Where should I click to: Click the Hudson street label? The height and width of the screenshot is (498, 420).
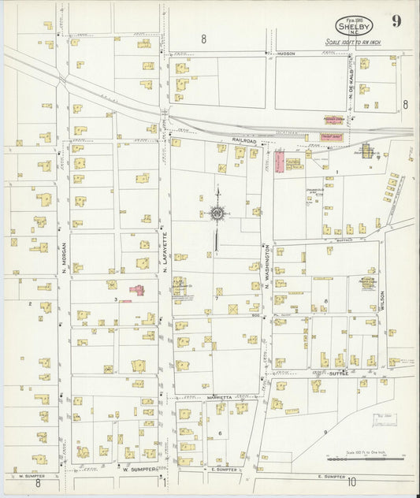pyautogui.click(x=284, y=54)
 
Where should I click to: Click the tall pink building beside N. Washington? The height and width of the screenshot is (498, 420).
pyautogui.click(x=279, y=163)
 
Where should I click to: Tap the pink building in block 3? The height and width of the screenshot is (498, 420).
pyautogui.click(x=138, y=291)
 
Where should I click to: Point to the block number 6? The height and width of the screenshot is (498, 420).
pyautogui.click(x=220, y=434)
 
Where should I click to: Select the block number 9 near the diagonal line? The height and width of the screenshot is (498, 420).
pyautogui.click(x=324, y=433)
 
